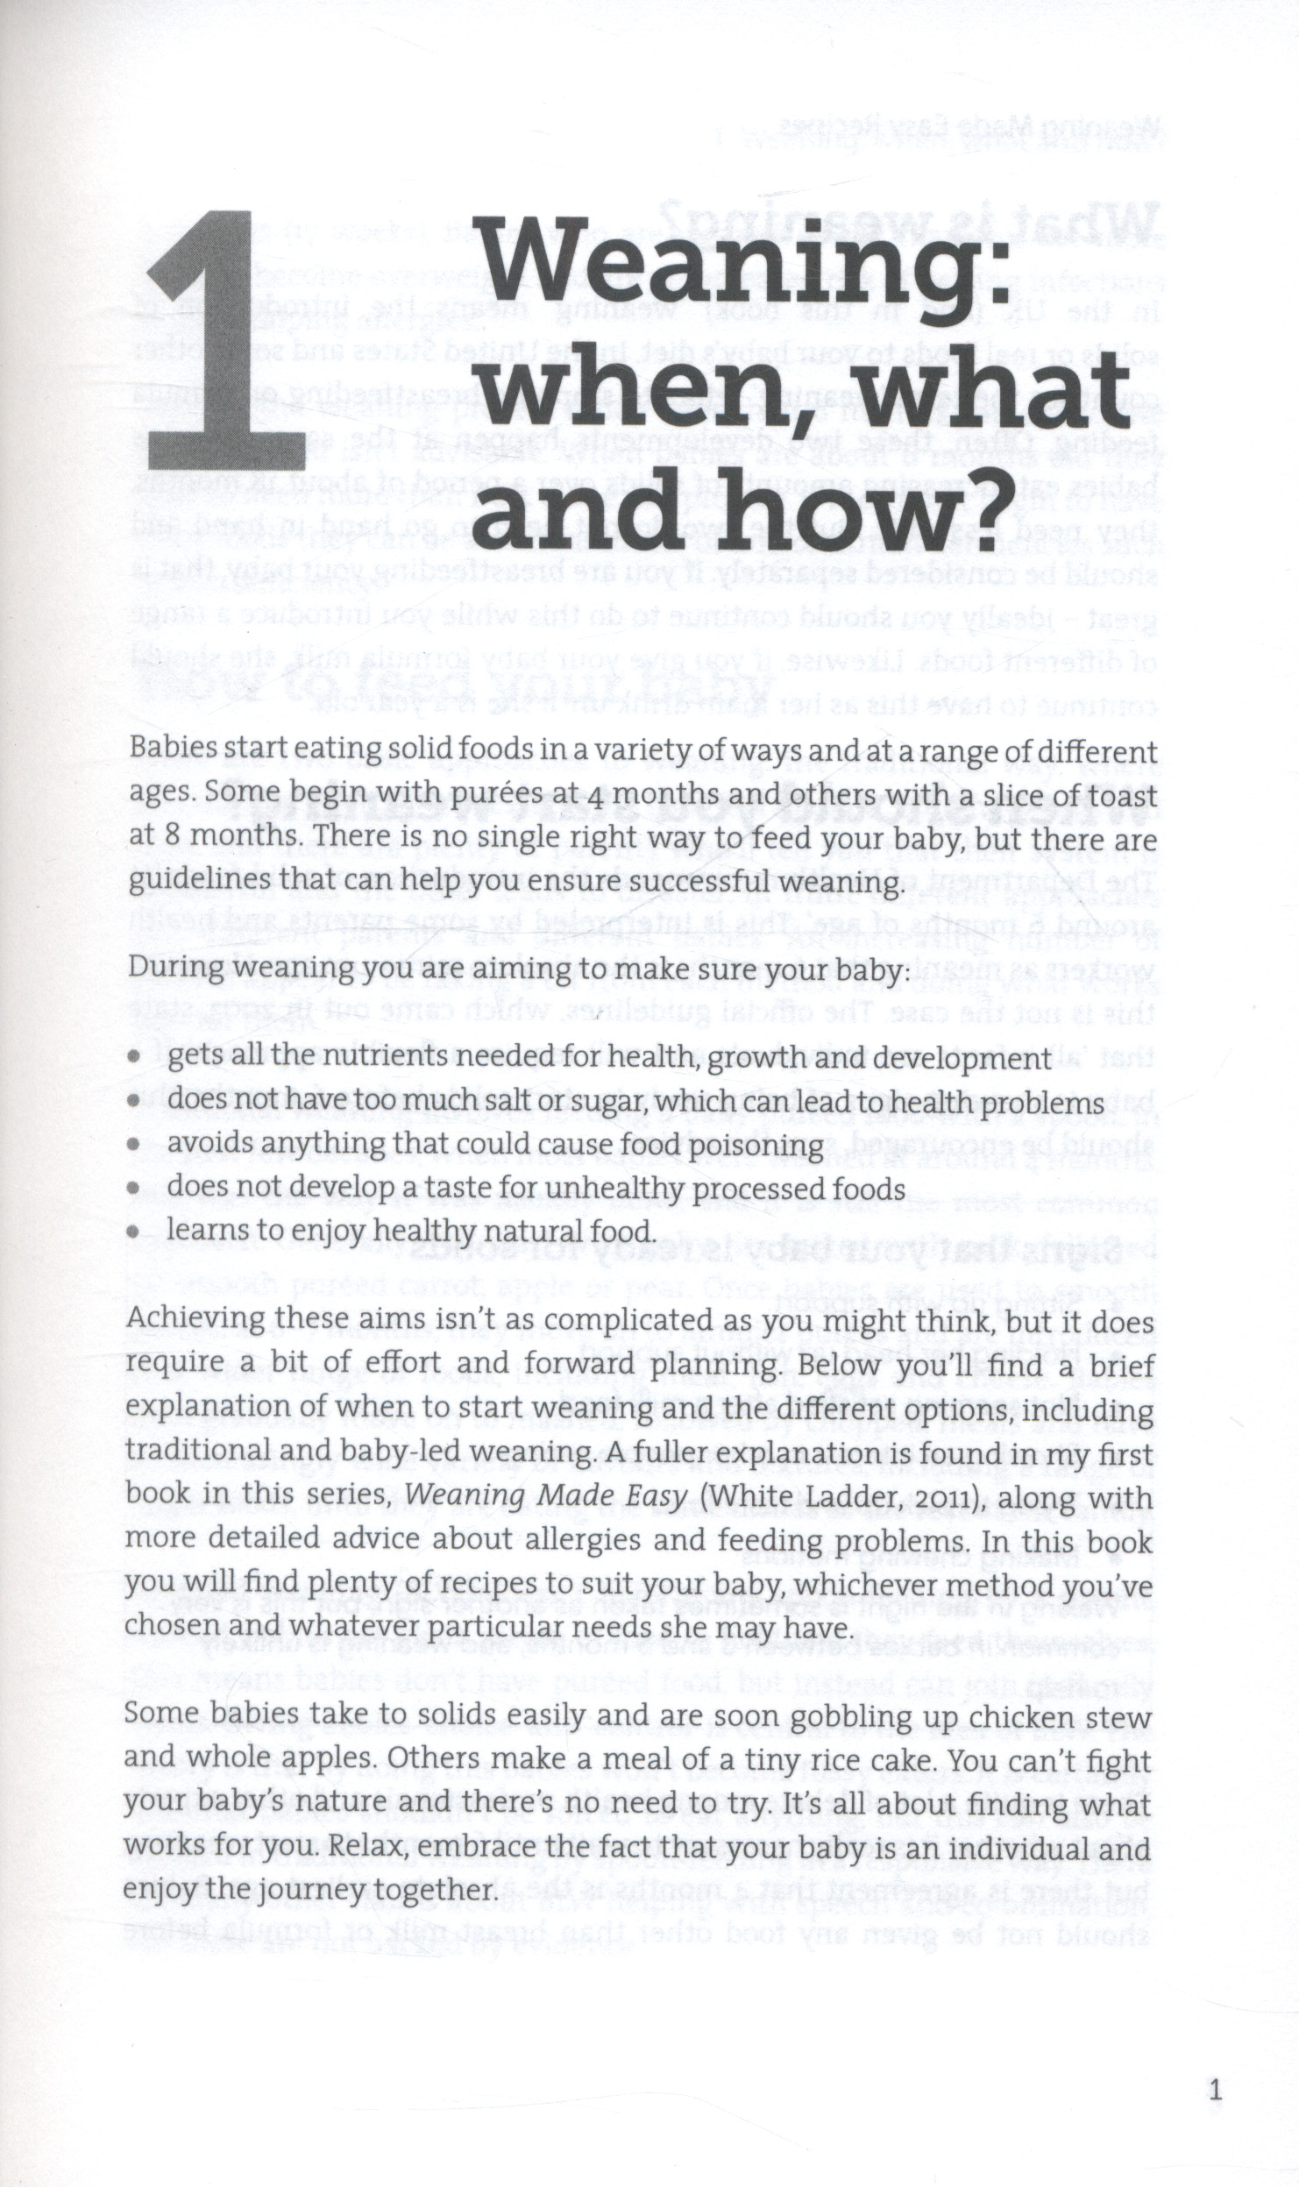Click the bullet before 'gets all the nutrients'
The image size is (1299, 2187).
pyautogui.click(x=134, y=1060)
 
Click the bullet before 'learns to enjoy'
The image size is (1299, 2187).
pyautogui.click(x=134, y=1232)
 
